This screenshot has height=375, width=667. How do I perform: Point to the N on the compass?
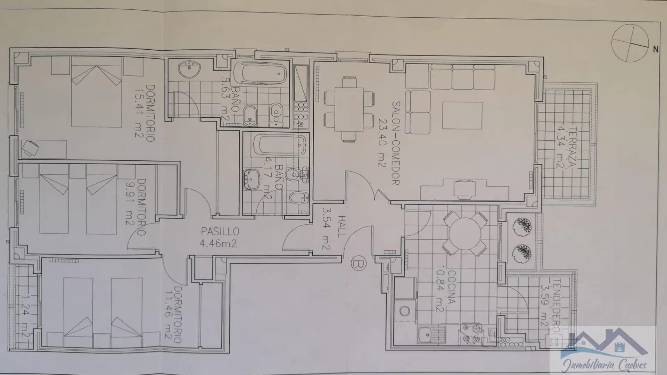point(656,50)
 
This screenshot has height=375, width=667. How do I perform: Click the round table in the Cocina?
point(464,233)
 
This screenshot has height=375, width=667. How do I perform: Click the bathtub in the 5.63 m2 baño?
point(260,73)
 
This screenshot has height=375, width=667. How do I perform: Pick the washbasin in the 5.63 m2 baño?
point(189,69)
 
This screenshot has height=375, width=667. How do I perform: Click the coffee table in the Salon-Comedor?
point(462,115)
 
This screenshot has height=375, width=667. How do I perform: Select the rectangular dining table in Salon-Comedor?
point(349,109)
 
